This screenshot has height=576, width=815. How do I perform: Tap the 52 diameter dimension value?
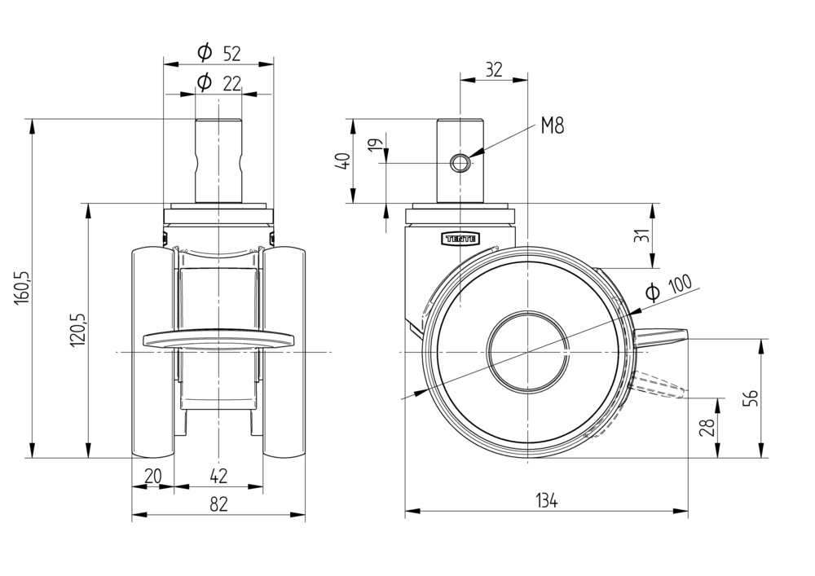click(231, 54)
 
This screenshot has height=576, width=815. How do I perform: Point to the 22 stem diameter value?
click(231, 82)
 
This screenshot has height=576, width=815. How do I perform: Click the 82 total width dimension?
click(218, 504)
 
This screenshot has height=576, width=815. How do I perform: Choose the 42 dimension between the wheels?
click(218, 476)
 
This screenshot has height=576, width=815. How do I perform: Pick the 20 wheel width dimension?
click(152, 476)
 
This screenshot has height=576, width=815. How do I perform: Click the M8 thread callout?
click(552, 125)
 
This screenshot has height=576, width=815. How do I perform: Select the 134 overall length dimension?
click(546, 501)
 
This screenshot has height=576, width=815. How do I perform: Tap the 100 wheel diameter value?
click(679, 285)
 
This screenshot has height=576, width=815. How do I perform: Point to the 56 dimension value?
click(751, 398)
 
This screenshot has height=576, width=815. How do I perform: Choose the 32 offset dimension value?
click(493, 69)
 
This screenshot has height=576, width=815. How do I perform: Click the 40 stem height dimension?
click(344, 160)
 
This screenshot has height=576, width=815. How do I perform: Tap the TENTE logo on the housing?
click(461, 238)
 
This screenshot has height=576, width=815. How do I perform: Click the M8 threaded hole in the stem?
click(460, 163)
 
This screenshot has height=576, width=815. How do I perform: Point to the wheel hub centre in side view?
click(528, 351)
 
